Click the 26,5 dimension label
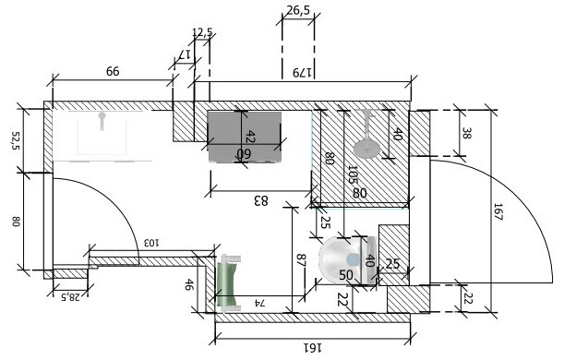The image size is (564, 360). (298, 10)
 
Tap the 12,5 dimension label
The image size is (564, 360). (202, 32)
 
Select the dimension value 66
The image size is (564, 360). (113, 71)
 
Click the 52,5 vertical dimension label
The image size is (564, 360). (17, 140)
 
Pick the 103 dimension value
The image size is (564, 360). (151, 243)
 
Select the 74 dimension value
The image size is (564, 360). (259, 303)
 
